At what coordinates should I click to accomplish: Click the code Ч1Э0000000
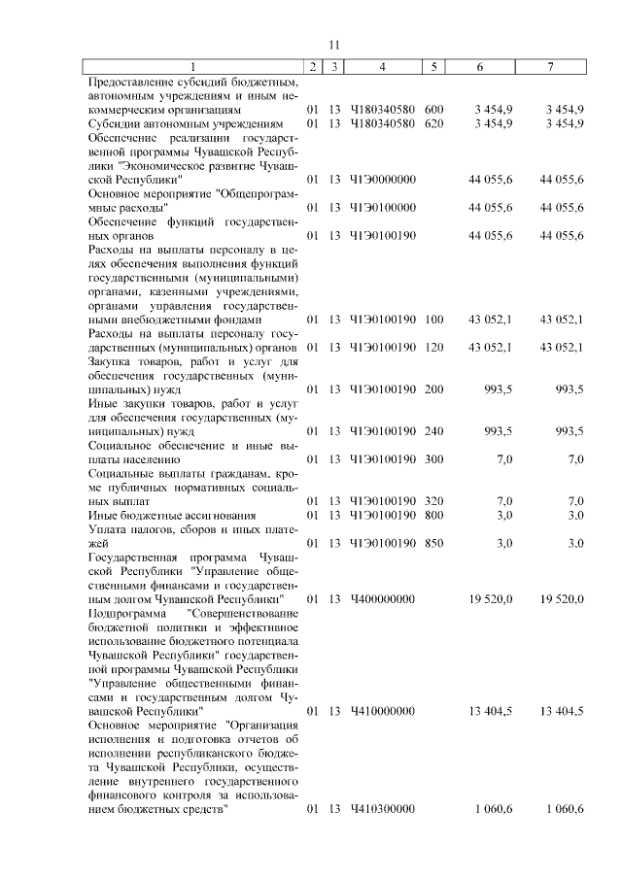(x=383, y=180)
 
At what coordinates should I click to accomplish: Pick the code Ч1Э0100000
(x=383, y=207)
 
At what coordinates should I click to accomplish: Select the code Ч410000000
(x=383, y=711)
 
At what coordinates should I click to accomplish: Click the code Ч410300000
(x=383, y=809)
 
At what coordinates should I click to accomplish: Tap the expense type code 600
(x=433, y=110)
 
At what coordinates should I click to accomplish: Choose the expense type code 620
(x=433, y=123)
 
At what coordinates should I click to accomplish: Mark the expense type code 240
(x=433, y=431)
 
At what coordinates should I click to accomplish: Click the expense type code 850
(x=433, y=543)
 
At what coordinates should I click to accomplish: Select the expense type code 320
(x=433, y=501)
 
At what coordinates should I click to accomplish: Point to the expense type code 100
(x=433, y=320)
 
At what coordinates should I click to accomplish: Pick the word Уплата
(x=108, y=529)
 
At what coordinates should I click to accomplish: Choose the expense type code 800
(x=433, y=515)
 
